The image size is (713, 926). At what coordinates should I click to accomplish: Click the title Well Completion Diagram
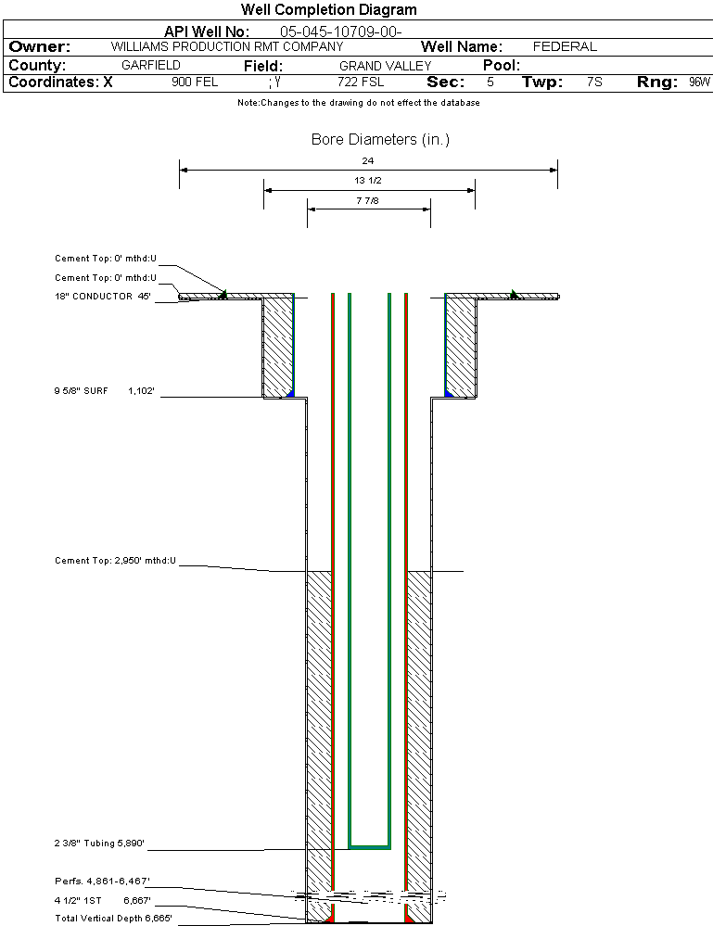[x=328, y=10]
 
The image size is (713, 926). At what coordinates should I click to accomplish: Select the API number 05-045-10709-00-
[x=340, y=32]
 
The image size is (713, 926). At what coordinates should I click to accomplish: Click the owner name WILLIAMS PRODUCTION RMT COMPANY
[x=227, y=46]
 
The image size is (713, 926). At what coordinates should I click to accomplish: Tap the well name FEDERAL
[x=565, y=46]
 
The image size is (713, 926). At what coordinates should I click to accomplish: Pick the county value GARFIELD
[x=151, y=66]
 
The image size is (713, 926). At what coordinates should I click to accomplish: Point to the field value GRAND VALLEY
[x=385, y=66]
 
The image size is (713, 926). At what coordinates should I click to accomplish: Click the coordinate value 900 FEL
[x=195, y=82]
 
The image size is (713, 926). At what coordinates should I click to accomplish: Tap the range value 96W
[x=699, y=82]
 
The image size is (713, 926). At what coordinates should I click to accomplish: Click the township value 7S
[x=594, y=82]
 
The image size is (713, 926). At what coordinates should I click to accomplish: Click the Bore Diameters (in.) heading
[x=380, y=140]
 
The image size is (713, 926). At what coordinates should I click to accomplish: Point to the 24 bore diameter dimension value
[x=368, y=160]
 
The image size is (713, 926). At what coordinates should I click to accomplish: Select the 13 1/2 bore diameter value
[x=368, y=180]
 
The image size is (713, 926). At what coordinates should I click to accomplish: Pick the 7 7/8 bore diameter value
[x=368, y=199]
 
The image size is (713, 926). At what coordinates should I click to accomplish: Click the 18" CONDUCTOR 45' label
[x=102, y=297]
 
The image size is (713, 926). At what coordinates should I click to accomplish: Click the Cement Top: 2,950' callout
[x=115, y=561]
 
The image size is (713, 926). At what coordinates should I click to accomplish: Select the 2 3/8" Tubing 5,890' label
[x=99, y=844]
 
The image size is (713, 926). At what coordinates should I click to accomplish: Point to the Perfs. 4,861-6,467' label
[x=102, y=882]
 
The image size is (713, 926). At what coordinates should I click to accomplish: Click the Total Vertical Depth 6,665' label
[x=113, y=918]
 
